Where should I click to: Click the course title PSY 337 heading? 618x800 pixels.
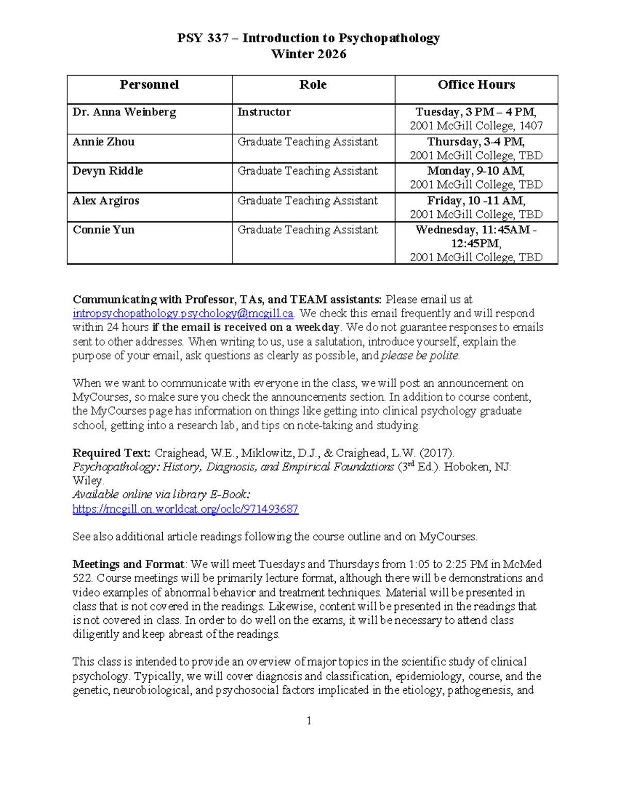pos(308,38)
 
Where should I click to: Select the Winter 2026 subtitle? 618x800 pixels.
pos(308,54)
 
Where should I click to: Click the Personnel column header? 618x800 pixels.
pos(149,85)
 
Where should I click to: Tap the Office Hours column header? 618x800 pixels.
pos(476,85)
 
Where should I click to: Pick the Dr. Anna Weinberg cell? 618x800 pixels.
pos(124,112)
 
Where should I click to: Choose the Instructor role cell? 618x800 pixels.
pos(264,112)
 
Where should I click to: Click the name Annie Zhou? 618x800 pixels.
pos(104,142)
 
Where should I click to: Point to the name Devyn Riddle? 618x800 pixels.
pos(108,171)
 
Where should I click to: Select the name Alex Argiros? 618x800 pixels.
pos(106,201)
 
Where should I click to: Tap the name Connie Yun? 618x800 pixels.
pos(104,230)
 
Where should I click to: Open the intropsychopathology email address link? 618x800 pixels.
pos(183,314)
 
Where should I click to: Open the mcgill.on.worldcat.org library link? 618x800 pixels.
pos(185,509)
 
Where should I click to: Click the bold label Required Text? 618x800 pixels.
pos(111,453)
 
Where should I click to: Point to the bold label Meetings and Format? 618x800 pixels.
pos(128,565)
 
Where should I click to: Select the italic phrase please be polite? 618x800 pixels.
pos(420,355)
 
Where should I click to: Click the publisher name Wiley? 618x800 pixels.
pos(88,481)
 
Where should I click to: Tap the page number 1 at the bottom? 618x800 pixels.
pos(309,721)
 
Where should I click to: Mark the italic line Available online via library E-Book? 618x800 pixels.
pos(161,495)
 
